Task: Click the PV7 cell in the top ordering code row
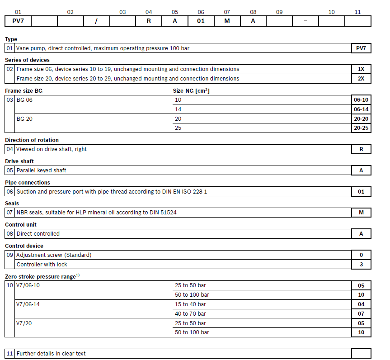click(x=18, y=21)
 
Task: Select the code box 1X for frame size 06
click(x=361, y=69)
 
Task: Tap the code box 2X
click(x=361, y=79)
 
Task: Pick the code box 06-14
click(x=361, y=109)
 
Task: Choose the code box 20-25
click(x=361, y=128)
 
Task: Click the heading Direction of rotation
click(x=32, y=140)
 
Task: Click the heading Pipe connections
click(x=28, y=183)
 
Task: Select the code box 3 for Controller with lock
click(x=361, y=265)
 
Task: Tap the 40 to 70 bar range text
click(x=190, y=313)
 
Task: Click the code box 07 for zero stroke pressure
click(x=361, y=313)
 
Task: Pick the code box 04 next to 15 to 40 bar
click(x=361, y=304)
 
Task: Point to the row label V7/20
click(x=24, y=323)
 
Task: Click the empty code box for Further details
click(x=361, y=354)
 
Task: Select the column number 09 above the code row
click(x=279, y=12)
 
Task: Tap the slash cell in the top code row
click(x=96, y=21)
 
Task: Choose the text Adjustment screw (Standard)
click(x=54, y=255)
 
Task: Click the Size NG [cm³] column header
click(x=191, y=91)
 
